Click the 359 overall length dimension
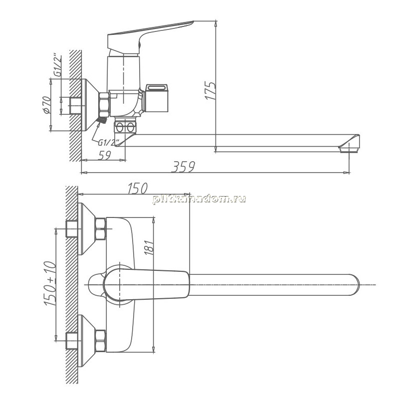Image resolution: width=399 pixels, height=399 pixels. point(184,167)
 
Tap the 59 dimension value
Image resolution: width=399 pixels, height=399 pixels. point(105,155)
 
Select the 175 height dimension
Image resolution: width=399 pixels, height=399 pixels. point(210,91)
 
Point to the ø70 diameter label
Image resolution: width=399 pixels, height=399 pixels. point(46,105)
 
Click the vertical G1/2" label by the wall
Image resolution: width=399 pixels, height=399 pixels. point(57,65)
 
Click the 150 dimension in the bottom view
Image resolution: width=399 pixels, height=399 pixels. point(138,189)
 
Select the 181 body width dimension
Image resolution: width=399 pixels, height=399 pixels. point(149,247)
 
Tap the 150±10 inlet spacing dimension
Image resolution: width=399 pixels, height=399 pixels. point(50,283)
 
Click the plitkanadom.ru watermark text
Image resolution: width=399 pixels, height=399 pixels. point(199,199)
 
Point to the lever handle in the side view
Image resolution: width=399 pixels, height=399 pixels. point(150,35)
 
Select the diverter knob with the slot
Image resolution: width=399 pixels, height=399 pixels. point(156,98)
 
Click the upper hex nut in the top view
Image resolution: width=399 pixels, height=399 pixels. point(101,229)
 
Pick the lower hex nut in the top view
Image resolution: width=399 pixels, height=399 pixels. point(101,341)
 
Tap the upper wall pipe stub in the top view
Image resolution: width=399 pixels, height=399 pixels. point(72,229)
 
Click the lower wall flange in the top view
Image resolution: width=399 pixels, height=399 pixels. point(86,341)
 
